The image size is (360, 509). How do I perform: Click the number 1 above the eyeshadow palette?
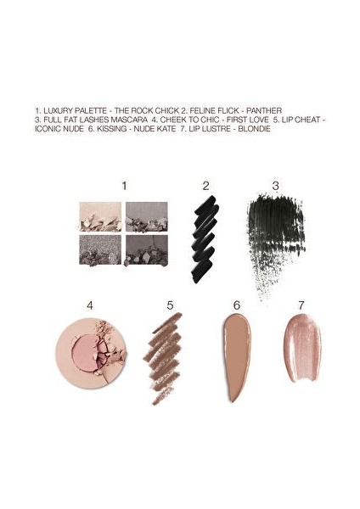124,185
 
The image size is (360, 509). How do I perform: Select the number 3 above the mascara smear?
275,185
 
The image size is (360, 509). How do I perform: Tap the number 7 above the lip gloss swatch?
300,304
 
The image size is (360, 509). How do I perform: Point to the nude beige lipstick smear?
237,356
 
